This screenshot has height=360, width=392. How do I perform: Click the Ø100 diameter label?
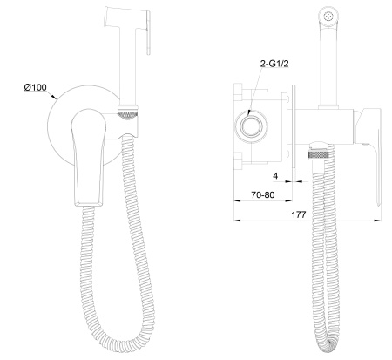[35, 87]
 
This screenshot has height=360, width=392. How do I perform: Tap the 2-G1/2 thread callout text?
[274, 64]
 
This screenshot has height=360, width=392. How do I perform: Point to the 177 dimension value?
[299, 214]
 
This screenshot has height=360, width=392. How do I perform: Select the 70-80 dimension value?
[263, 194]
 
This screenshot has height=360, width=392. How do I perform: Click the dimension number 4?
[275, 176]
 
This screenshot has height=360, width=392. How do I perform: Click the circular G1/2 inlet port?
[251, 126]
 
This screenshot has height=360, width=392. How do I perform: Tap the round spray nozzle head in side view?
[328, 16]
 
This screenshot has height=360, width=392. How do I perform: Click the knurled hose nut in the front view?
[128, 112]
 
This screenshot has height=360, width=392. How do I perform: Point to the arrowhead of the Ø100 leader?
[54, 98]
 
